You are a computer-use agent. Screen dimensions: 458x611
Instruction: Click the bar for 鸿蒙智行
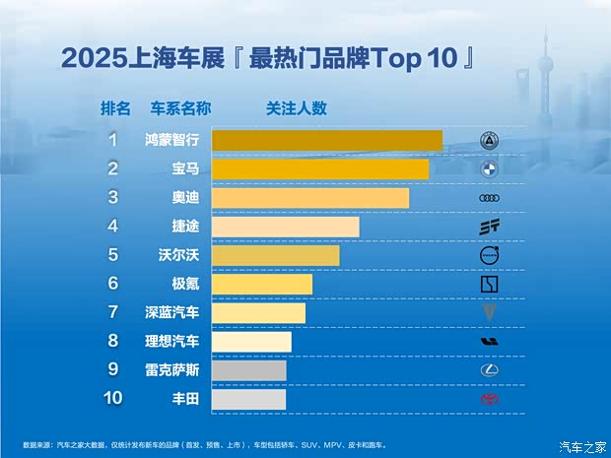[326, 140]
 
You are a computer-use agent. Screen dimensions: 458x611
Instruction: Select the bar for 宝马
[320, 168]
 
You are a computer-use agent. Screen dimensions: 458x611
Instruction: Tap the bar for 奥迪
[310, 198]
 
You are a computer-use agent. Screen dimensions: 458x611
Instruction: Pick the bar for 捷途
[286, 227]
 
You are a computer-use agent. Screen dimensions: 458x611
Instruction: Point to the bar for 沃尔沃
[276, 255]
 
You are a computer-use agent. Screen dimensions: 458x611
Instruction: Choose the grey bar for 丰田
[248, 399]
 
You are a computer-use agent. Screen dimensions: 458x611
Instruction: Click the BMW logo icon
[490, 168]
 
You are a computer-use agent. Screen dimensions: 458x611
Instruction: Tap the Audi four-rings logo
[490, 198]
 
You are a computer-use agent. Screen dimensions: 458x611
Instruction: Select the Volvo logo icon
[490, 255]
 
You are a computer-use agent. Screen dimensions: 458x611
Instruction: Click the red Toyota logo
[490, 399]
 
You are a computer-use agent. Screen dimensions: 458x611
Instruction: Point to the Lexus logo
[490, 370]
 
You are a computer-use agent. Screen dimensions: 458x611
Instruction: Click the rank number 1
[113, 140]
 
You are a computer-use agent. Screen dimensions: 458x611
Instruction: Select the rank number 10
[113, 399]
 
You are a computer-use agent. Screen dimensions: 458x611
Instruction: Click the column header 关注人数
[296, 107]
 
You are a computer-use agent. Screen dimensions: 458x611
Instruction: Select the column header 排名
[115, 107]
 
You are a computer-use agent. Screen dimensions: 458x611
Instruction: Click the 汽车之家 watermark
[583, 447]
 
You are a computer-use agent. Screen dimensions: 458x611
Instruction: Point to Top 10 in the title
[414, 57]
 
